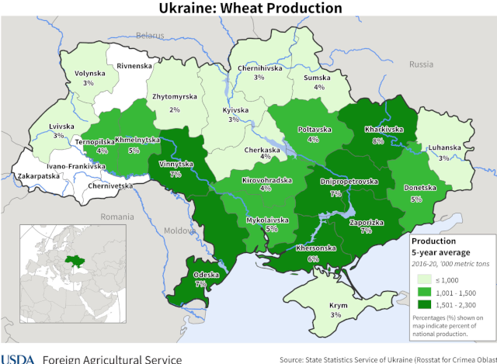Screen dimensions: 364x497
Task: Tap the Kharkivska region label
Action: (x=377, y=130)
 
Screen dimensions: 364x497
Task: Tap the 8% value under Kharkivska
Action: (x=377, y=140)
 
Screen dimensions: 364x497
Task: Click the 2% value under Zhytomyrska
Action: (x=175, y=110)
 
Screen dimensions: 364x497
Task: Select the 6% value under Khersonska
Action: (x=313, y=258)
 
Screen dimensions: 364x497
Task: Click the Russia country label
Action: (x=421, y=64)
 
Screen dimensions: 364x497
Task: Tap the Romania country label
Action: (x=117, y=215)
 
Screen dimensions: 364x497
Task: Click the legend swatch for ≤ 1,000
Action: (x=425, y=279)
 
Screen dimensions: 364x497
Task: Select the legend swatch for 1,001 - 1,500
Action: (x=425, y=292)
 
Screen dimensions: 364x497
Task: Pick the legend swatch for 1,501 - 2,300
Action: (x=425, y=305)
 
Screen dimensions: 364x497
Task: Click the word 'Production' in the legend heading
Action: (x=434, y=241)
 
